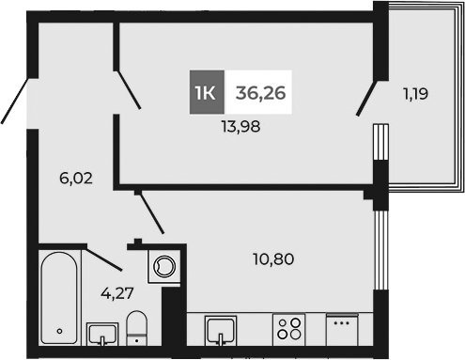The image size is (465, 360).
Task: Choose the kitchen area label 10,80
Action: (273, 257)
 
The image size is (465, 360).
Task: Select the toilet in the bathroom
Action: (137, 330)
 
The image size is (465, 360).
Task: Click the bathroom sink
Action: (101, 334)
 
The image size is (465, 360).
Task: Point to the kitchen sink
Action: (222, 332)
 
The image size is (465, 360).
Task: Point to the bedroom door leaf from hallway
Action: (128, 89)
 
